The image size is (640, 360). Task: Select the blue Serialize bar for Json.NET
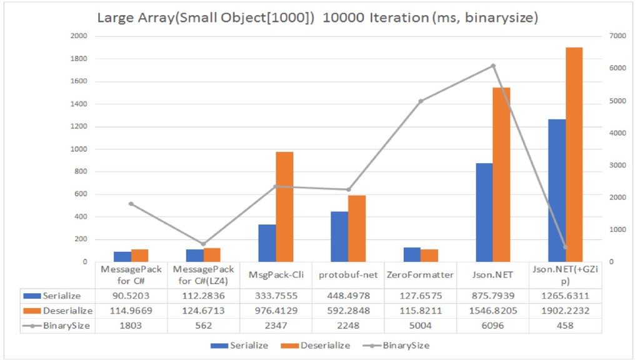[x=484, y=212]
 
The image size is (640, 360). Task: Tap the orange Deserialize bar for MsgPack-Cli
[x=284, y=206]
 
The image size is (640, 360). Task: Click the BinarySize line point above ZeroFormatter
[x=420, y=101]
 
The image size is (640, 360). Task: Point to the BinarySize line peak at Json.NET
[x=492, y=66]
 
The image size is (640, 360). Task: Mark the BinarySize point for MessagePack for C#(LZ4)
[x=202, y=244]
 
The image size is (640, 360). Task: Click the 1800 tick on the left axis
[x=78, y=59]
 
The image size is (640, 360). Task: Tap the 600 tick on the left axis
[x=80, y=194]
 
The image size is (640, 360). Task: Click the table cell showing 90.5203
[x=131, y=295]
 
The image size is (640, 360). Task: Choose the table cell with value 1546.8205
[x=492, y=311]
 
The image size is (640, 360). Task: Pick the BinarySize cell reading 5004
[x=420, y=326]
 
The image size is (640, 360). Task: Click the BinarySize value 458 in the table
[x=565, y=326]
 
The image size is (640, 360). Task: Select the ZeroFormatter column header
[x=420, y=274]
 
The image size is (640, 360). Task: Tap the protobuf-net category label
[x=347, y=274]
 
